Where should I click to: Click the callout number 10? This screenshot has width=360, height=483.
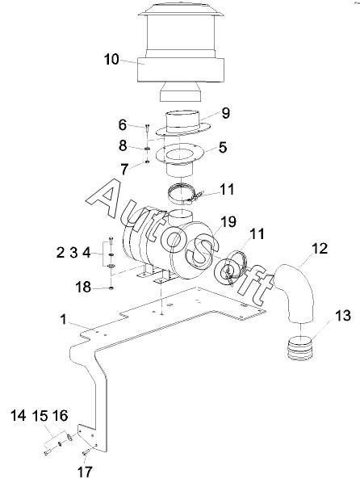click(x=111, y=60)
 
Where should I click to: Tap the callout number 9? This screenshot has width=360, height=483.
click(x=226, y=113)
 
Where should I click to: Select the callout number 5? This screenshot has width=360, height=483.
click(x=223, y=147)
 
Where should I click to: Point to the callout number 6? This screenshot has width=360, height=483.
click(x=122, y=125)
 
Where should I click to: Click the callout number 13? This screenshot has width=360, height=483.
click(x=343, y=316)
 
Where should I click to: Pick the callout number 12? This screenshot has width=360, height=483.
click(x=320, y=249)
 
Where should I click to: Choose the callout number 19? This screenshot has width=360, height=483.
click(x=228, y=221)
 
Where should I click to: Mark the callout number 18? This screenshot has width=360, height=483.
click(x=83, y=287)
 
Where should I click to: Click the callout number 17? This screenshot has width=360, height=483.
click(x=85, y=472)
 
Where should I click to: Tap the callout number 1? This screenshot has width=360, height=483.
click(x=64, y=319)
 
